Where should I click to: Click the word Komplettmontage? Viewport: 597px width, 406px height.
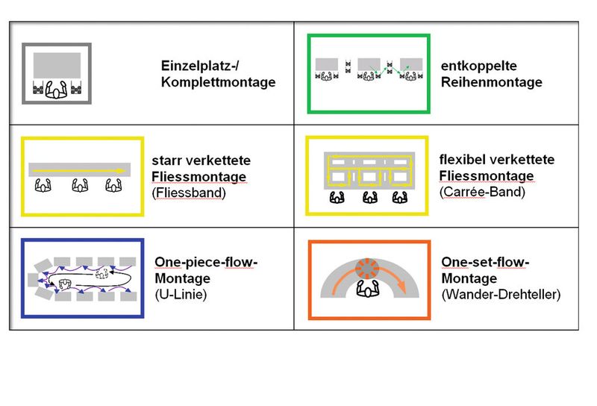pos(218,82)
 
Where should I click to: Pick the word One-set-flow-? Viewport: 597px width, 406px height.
pos(485,262)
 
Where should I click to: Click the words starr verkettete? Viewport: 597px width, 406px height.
pos(200,160)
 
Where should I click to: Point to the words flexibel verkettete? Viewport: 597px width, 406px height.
pos(497,160)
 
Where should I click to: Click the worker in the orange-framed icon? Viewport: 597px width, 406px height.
pos(367,290)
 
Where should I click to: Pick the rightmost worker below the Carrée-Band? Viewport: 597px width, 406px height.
pos(400,199)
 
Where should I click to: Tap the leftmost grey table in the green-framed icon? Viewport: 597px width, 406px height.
pos(328,64)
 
